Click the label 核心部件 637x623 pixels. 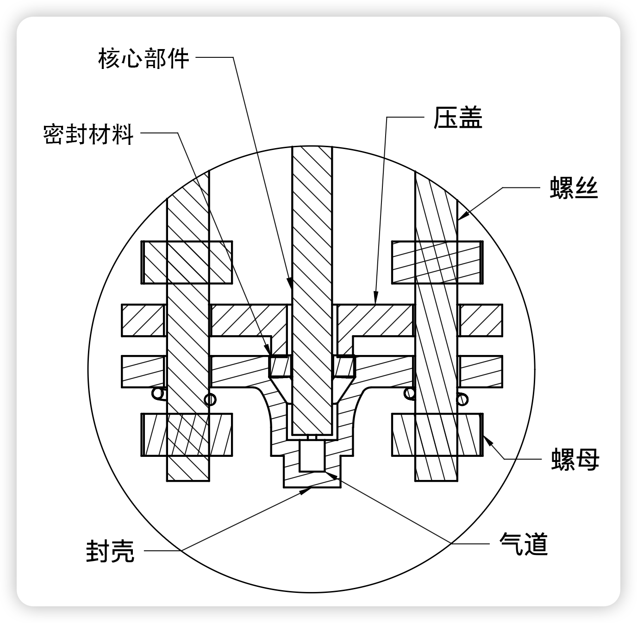[x=144, y=58]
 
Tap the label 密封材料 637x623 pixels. [x=88, y=134]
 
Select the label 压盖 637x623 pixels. [x=458, y=118]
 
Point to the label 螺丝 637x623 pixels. [x=574, y=187]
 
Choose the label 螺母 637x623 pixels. [x=575, y=460]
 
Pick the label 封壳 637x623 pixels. [x=110, y=551]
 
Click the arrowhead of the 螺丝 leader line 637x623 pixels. [x=463, y=215]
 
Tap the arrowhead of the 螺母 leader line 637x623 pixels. [x=488, y=441]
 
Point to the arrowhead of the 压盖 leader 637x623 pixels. [x=376, y=298]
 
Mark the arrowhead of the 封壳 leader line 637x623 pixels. [x=306, y=490]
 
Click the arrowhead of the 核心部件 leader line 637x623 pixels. [x=290, y=283]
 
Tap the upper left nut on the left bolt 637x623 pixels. [x=187, y=262]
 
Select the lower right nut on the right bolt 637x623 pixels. [x=437, y=435]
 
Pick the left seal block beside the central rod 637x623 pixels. [x=280, y=366]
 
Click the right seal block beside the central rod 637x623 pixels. [x=343, y=366]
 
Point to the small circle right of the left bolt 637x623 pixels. [x=210, y=399]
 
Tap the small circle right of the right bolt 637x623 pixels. [x=462, y=399]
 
